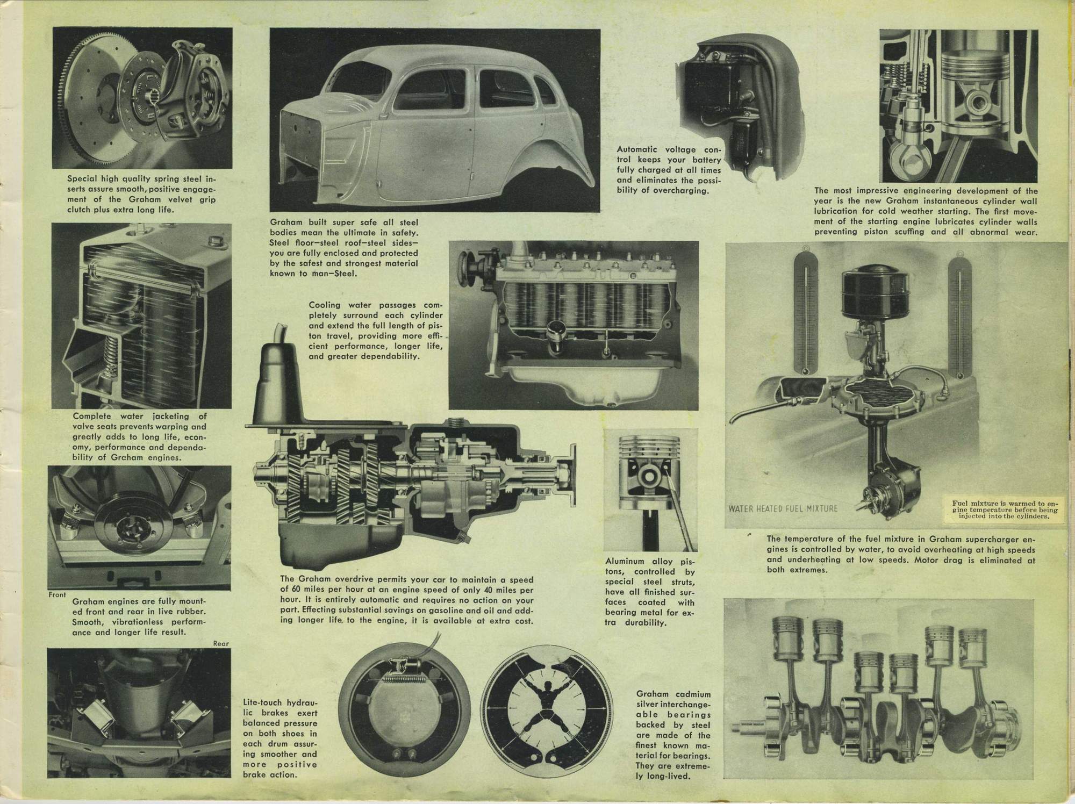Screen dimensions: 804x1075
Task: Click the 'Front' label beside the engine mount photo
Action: (58, 595)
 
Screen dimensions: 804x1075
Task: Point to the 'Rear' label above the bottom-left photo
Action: (221, 643)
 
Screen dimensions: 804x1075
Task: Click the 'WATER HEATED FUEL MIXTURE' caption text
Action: (783, 508)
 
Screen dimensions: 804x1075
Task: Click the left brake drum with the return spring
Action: (399, 704)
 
